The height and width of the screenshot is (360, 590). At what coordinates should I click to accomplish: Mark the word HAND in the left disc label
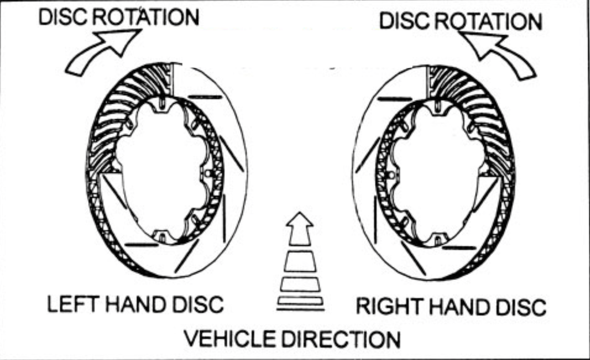click(x=131, y=304)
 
